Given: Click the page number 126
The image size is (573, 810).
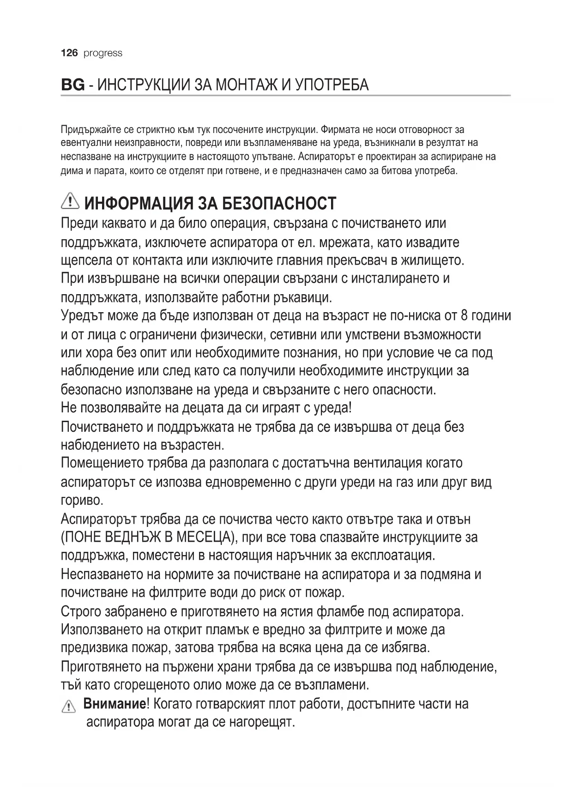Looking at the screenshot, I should click(69, 53).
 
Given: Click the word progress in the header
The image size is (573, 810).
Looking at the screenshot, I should click(103, 53).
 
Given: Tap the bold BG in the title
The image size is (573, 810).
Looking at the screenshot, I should click(72, 85).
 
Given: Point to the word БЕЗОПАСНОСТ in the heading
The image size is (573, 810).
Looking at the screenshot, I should click(279, 203).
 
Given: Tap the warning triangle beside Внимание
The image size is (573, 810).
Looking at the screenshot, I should click(68, 707).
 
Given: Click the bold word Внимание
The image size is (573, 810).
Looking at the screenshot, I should click(114, 704).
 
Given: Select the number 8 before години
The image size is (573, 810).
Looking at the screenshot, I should click(464, 316).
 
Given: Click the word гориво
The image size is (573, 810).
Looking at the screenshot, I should click(82, 501).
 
